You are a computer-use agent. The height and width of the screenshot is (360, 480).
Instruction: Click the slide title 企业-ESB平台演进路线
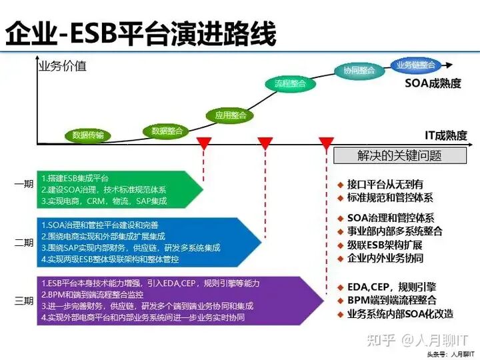(141, 33)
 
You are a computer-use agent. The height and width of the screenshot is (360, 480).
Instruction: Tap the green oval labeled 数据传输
(88, 135)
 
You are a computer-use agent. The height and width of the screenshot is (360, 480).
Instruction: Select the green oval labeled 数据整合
(167, 131)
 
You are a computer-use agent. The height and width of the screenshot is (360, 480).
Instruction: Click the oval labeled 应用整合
(230, 115)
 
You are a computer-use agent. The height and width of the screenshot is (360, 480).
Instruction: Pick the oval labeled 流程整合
(290, 84)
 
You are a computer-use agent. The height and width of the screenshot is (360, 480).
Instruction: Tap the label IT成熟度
(446, 136)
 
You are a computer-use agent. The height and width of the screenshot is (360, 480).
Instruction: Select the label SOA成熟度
(433, 84)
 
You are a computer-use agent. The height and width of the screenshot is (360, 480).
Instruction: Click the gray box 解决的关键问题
(399, 156)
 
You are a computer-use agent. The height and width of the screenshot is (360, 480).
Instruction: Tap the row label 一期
(23, 185)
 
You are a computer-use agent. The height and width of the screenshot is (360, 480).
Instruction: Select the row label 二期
(23, 243)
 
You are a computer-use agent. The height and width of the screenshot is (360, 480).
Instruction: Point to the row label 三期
(23, 301)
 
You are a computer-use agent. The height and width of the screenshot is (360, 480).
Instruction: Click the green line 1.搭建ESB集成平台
(75, 179)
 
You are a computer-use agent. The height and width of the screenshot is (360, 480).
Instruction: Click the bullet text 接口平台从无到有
(385, 183)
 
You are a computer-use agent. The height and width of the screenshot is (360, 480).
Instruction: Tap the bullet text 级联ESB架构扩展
(385, 245)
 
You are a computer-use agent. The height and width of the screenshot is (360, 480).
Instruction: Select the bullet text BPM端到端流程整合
(391, 300)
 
